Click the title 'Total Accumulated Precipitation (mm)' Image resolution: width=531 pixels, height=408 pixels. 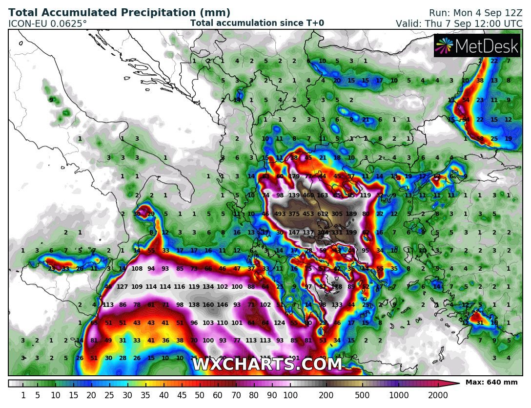pos(120,13)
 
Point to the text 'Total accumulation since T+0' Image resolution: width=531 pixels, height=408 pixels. pos(257,23)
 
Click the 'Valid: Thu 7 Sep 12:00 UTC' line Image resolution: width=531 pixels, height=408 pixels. pos(459,23)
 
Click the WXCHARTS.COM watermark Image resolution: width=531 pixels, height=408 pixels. pos(267,365)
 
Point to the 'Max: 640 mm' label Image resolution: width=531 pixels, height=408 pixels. pos(491,382)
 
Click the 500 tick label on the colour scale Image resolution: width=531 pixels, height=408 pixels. pos(362,395)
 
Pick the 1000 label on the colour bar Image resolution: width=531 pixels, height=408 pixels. pos(398,395)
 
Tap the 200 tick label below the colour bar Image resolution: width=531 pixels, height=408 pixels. pos(326,395)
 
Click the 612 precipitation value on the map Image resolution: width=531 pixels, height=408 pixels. pos(323,214)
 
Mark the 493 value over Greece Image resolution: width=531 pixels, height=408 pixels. pos(280,214)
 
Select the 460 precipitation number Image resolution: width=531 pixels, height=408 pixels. pos(308,195)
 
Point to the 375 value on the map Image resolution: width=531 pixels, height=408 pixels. pos(294,214)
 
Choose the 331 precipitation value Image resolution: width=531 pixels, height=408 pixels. pos(337,233)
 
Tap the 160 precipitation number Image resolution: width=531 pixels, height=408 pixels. pos(208,305)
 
